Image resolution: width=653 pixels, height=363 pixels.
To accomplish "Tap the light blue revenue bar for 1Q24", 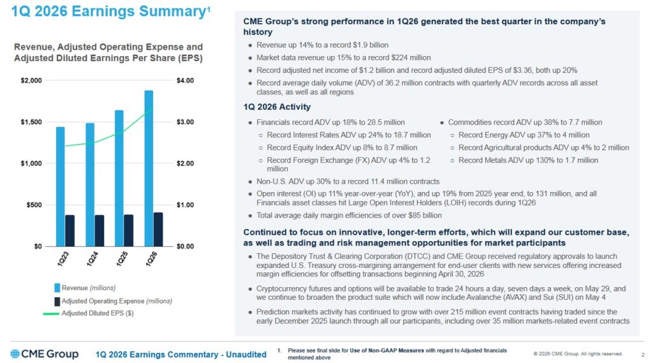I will (x=90, y=184).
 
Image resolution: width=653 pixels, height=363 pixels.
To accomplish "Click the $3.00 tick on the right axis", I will (x=185, y=122).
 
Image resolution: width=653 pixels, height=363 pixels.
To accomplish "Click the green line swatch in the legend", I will (x=51, y=313).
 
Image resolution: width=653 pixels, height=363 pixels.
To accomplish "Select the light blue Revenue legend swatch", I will (x=57, y=288).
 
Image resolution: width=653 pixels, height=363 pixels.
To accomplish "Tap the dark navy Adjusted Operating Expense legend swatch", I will (x=57, y=300).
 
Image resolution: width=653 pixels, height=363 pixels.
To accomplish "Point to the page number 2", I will (x=641, y=353).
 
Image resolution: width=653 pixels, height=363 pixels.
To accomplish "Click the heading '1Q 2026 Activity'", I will (x=277, y=107).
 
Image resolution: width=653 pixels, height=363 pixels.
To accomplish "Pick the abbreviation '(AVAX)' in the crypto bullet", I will (x=529, y=297).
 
